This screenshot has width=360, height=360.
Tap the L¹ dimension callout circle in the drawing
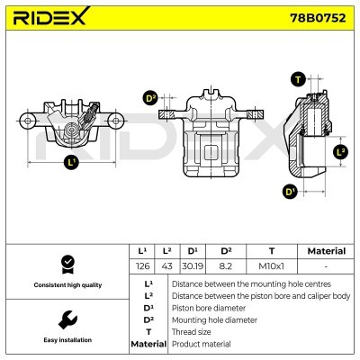[x=72, y=163]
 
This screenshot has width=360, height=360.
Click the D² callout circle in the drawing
[x=150, y=98]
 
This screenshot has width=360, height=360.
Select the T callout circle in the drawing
[x=298, y=80]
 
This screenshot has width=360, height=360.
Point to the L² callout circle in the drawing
[x=340, y=151]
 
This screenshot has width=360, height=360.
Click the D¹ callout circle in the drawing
[x=290, y=190]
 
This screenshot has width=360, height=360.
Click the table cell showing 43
[x=167, y=265]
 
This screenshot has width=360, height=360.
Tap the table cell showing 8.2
[x=226, y=265]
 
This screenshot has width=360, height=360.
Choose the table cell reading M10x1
[x=272, y=265]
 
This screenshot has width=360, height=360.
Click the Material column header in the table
[x=326, y=251]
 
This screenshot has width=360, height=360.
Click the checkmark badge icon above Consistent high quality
[x=67, y=264]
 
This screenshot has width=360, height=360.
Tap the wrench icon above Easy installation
[x=67, y=320]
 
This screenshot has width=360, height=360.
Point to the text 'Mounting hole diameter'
[x=214, y=319]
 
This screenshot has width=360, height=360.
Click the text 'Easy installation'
[x=67, y=340]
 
